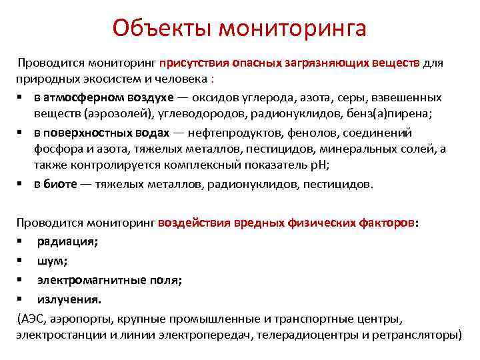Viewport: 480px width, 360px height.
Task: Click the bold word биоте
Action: coord(61,183)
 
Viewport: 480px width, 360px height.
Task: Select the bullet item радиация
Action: coord(67,241)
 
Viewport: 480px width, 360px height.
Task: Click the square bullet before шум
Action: coord(21,261)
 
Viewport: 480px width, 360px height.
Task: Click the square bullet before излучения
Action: coord(21,299)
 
